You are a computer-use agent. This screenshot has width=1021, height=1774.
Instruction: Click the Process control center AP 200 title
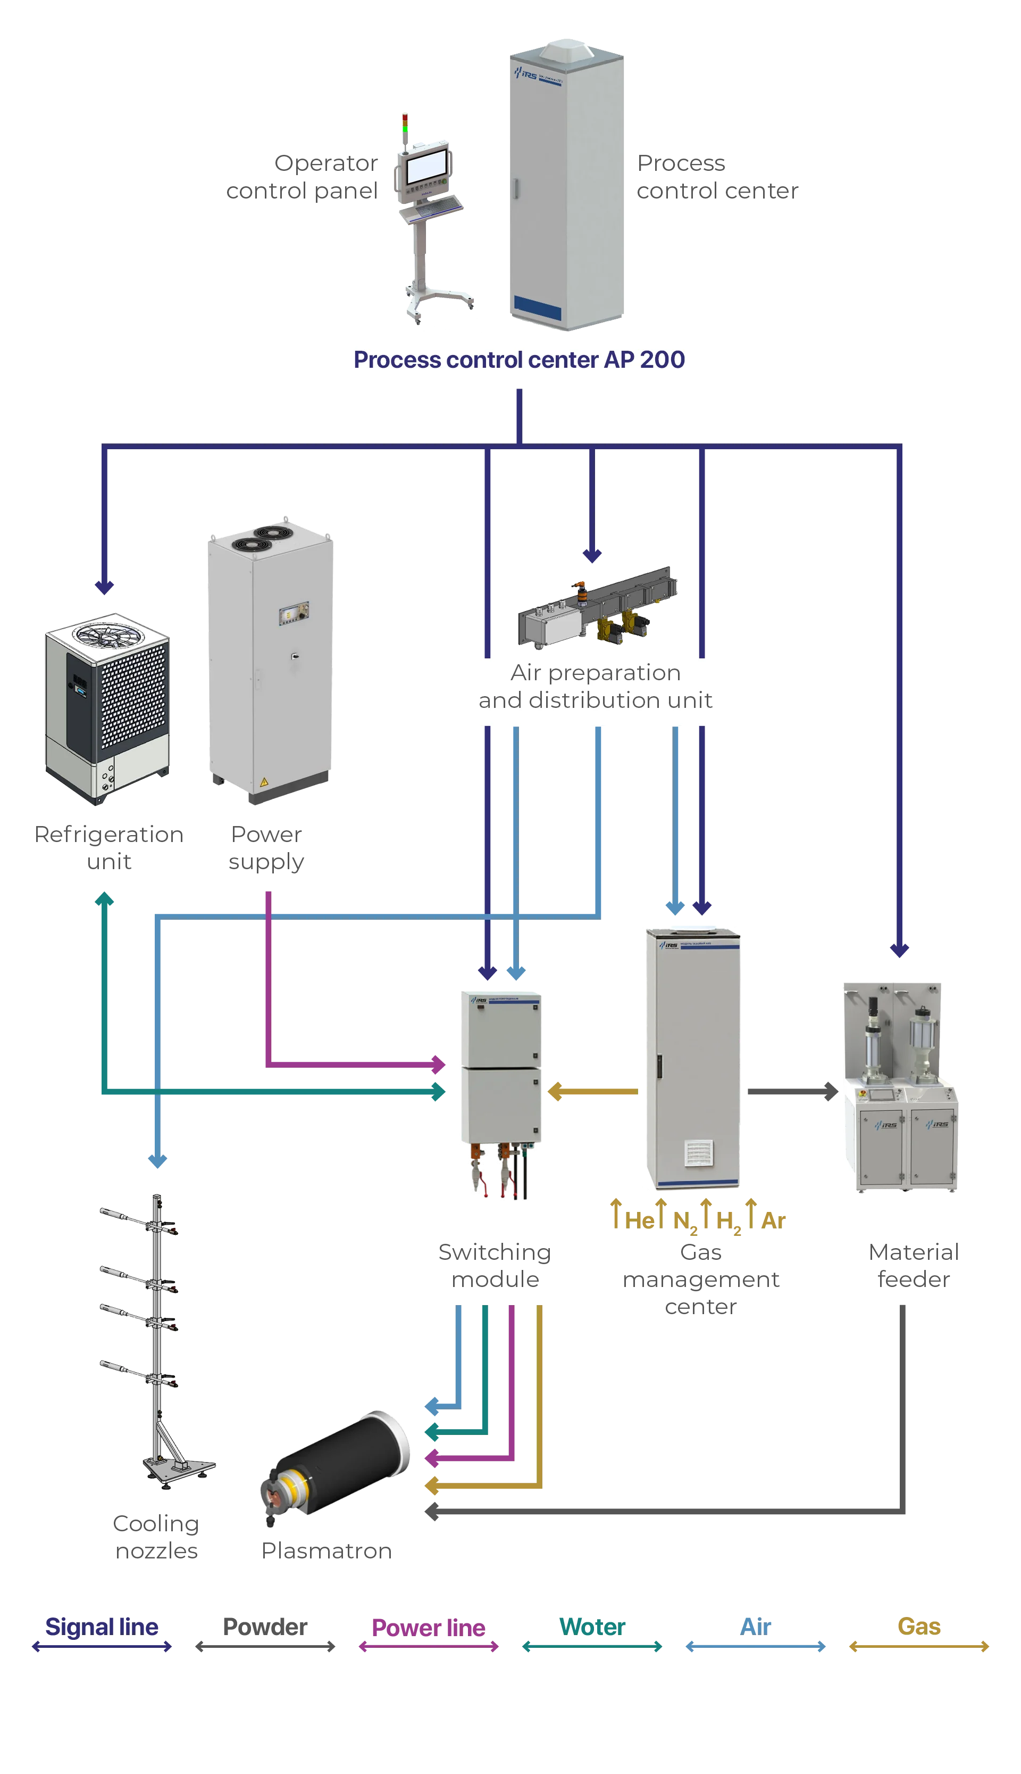(519, 359)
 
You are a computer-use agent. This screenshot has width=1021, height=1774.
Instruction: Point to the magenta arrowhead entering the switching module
(438, 1064)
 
